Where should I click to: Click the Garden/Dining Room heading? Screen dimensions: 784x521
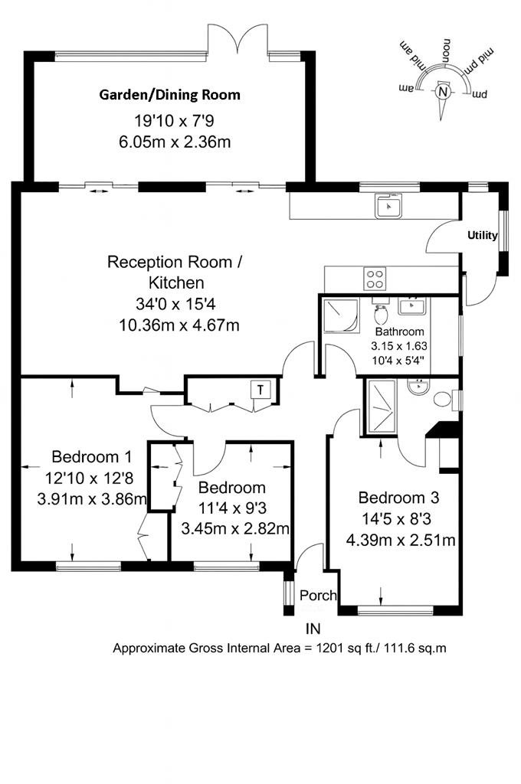pos(169,95)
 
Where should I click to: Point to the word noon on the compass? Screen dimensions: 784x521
pos(446,51)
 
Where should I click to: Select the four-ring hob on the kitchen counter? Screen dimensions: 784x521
pos(375,277)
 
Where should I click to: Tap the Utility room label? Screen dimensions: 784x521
pos(483,236)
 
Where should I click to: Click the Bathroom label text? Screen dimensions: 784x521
pos(399,332)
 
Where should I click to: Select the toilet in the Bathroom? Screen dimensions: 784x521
pos(381,314)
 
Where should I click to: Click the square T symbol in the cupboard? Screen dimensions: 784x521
pos(261,389)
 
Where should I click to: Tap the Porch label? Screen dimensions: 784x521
pos(317,596)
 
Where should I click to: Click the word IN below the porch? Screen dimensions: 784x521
pos(313,629)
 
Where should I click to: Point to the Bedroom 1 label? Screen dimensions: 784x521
pos(91,457)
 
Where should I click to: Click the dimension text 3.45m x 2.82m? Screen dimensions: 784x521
pos(234,528)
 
